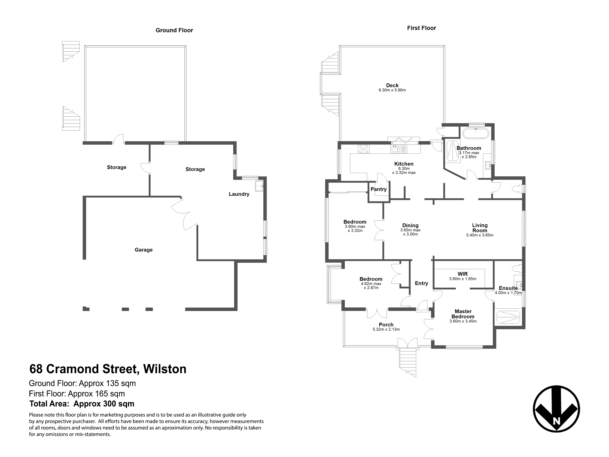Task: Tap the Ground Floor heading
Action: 174,30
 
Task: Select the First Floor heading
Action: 422,28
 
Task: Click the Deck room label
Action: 392,85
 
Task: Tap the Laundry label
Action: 239,194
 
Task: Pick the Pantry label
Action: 378,189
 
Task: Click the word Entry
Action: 422,283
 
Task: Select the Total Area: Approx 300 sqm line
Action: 82,404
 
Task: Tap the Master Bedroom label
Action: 463,314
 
